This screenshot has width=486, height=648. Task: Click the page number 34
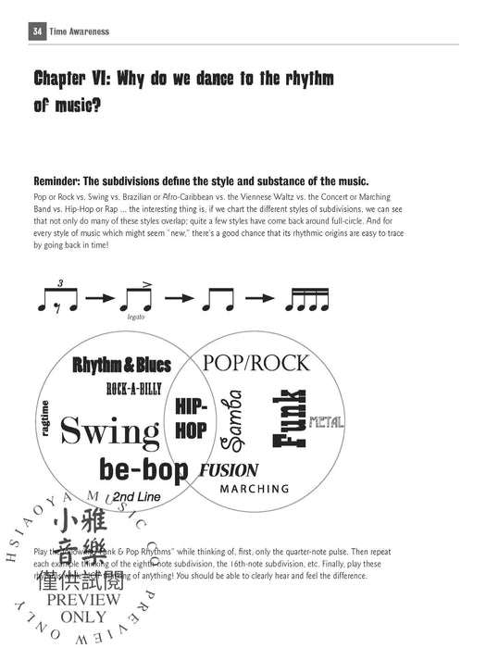click(37, 31)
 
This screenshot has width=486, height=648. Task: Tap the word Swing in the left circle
click(109, 431)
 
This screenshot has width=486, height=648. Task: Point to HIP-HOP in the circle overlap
click(191, 418)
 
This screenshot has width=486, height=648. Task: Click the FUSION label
click(229, 469)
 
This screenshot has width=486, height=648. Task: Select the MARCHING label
click(255, 489)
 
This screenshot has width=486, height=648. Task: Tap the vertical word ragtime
click(44, 419)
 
